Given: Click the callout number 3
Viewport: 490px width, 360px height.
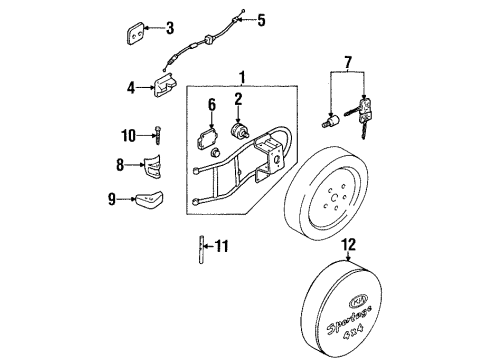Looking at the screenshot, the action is [x=170, y=28].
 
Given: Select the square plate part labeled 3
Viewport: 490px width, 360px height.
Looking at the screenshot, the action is [x=136, y=33].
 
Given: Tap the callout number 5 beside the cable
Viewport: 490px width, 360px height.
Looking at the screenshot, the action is [x=261, y=20].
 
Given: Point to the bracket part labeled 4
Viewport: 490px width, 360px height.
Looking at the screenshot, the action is [x=165, y=86].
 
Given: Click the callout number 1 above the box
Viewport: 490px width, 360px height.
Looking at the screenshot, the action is [x=243, y=77].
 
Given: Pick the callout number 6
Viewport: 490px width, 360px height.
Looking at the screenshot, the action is [x=212, y=104].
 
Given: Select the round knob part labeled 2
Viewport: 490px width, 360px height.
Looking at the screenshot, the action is [x=239, y=131].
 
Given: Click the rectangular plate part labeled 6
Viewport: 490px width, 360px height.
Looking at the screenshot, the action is [x=207, y=141].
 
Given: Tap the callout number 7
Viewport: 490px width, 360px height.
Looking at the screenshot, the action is [x=348, y=63].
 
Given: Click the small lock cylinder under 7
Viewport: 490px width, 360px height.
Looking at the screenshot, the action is [x=331, y=121].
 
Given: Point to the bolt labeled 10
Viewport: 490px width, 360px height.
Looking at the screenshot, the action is [x=157, y=135].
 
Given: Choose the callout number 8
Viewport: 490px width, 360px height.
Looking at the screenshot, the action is [x=120, y=165].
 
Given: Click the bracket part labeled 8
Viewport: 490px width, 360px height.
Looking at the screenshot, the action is [x=153, y=166].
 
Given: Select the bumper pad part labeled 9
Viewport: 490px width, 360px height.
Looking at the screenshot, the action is [x=149, y=199].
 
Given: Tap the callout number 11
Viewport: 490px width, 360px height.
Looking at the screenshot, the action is [x=222, y=246].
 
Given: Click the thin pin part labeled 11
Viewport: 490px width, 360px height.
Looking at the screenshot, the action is [x=201, y=250].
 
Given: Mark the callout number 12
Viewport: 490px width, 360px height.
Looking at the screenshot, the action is [x=349, y=245].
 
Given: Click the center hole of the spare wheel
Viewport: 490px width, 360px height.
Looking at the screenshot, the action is [x=334, y=198].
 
